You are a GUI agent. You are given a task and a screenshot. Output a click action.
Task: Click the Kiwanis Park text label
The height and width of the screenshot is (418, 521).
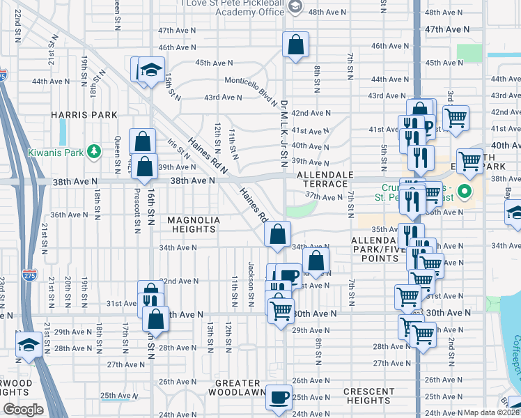tap(53, 152)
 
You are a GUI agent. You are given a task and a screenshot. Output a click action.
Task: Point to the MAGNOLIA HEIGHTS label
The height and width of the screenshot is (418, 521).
tap(194, 224)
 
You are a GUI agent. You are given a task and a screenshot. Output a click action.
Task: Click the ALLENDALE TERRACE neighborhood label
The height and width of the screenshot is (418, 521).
tap(325, 179)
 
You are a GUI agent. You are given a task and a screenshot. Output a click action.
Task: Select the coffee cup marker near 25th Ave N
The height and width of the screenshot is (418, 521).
tap(279, 397)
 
